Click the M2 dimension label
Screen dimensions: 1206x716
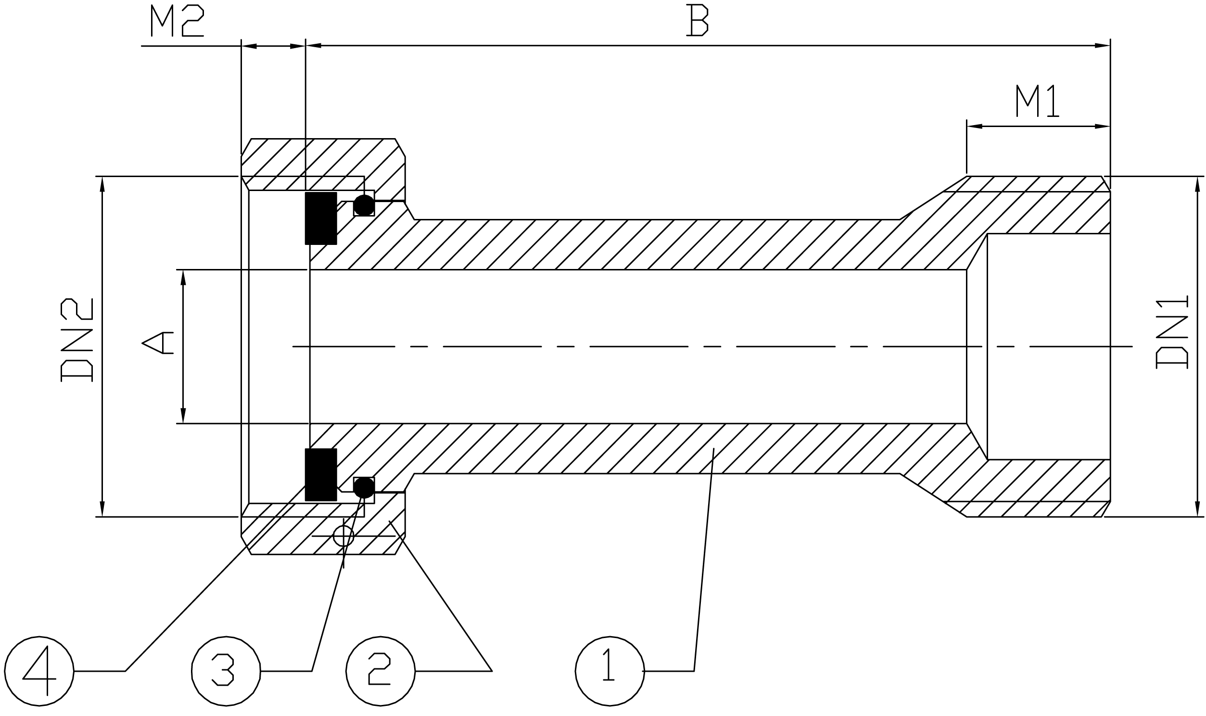177,20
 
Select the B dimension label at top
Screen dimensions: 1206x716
697,20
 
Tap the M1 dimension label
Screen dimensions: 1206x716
1037,101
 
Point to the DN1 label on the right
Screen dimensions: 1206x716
1172,332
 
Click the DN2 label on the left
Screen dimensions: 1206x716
76,340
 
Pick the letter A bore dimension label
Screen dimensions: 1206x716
158,343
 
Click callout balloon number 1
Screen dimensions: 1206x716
609,671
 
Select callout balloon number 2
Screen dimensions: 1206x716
381,671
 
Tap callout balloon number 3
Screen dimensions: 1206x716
226,671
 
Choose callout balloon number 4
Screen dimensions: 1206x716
39,671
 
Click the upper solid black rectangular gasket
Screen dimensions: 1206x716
321,218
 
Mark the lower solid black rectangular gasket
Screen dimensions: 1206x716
321,475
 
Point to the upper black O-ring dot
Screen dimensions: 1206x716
364,205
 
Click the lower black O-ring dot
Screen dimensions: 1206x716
364,488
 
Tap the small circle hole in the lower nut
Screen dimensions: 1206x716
343,536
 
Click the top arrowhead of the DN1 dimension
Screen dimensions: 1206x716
1197,184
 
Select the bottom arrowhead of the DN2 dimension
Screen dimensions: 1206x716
102,509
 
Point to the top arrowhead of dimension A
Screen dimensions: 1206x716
183,278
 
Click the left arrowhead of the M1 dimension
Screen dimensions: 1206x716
974,127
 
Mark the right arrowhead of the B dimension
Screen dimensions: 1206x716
1103,46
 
